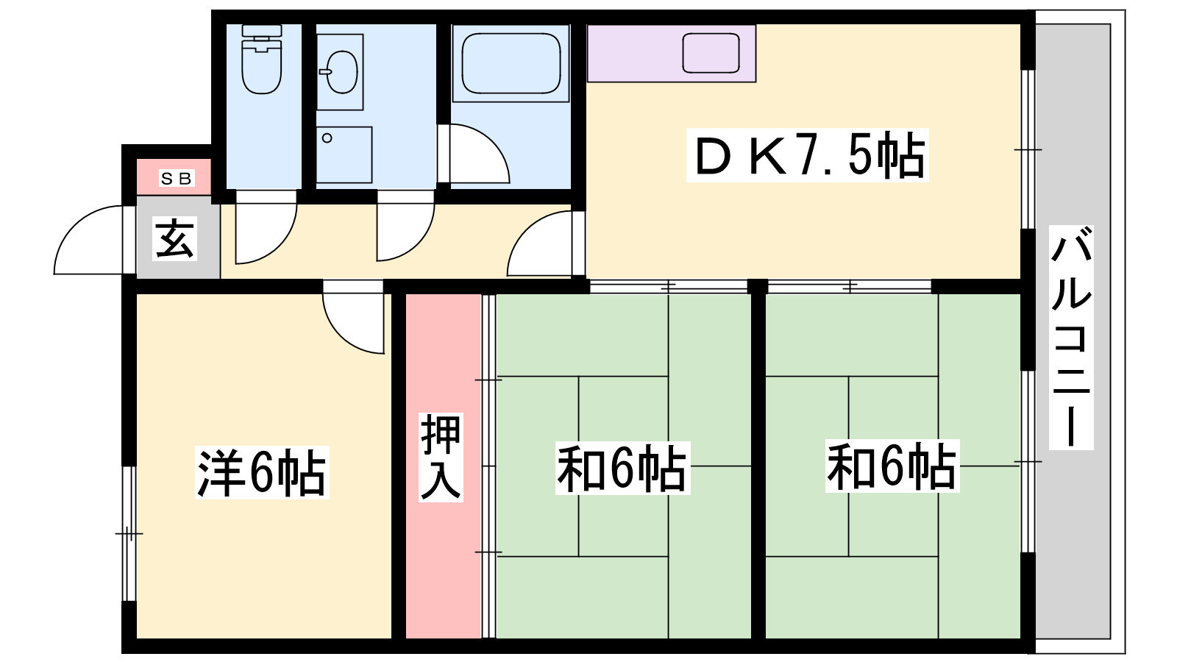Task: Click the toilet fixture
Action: pyautogui.click(x=262, y=60)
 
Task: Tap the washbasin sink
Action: pyautogui.click(x=339, y=72)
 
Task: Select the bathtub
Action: pyautogui.click(x=511, y=63)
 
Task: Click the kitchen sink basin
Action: pyautogui.click(x=711, y=52)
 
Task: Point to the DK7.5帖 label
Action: pyautogui.click(x=808, y=155)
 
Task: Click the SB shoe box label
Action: pyautogui.click(x=177, y=179)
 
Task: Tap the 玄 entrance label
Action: pyautogui.click(x=175, y=238)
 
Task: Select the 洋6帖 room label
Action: pyautogui.click(x=262, y=472)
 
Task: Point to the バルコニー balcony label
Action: pyautogui.click(x=1071, y=338)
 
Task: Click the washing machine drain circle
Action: pyautogui.click(x=327, y=138)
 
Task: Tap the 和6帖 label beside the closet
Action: pyautogui.click(x=622, y=468)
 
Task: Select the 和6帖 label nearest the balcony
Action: pyautogui.click(x=892, y=466)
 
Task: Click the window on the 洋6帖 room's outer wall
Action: pyautogui.click(x=129, y=533)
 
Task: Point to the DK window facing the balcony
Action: pyautogui.click(x=1028, y=149)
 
